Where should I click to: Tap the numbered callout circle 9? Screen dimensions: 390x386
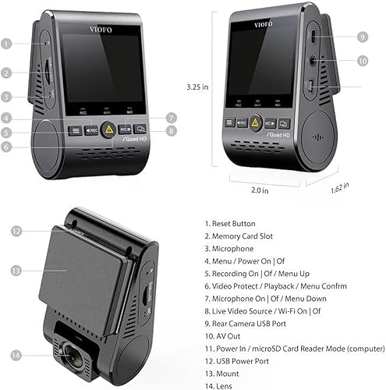[x=362, y=37]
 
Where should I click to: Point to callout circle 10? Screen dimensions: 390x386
[x=362, y=61]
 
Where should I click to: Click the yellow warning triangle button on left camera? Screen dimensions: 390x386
[x=110, y=132]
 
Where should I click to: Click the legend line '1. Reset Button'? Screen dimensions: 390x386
[x=230, y=224]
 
